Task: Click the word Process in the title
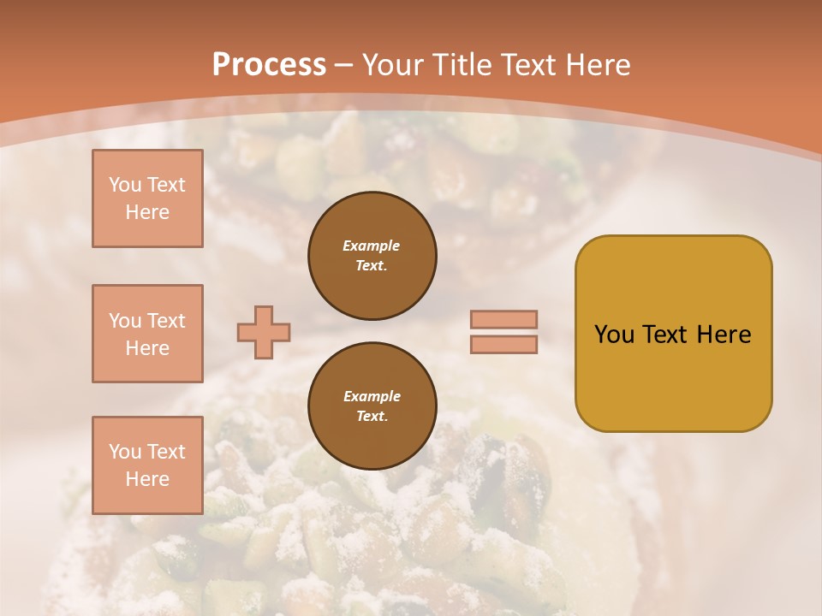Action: pyautogui.click(x=269, y=65)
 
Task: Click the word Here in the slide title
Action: pyautogui.click(x=597, y=65)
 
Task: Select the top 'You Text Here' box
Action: pyautogui.click(x=147, y=198)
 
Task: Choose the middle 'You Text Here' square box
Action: pyautogui.click(x=147, y=334)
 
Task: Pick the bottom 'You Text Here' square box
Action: pyautogui.click(x=147, y=465)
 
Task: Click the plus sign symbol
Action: pyautogui.click(x=264, y=332)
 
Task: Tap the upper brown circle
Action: pyautogui.click(x=372, y=256)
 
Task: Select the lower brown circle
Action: pyautogui.click(x=372, y=406)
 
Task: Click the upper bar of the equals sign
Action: pyautogui.click(x=503, y=319)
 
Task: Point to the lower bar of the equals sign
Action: pyautogui.click(x=503, y=344)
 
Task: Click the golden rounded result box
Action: pyautogui.click(x=673, y=334)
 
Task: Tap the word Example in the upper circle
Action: pyautogui.click(x=372, y=246)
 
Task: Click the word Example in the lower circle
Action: pyautogui.click(x=372, y=397)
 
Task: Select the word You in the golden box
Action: pyautogui.click(x=613, y=335)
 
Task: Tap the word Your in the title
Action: pyautogui.click(x=392, y=65)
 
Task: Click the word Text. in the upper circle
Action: pyautogui.click(x=372, y=266)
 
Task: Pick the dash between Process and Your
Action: pyautogui.click(x=344, y=65)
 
